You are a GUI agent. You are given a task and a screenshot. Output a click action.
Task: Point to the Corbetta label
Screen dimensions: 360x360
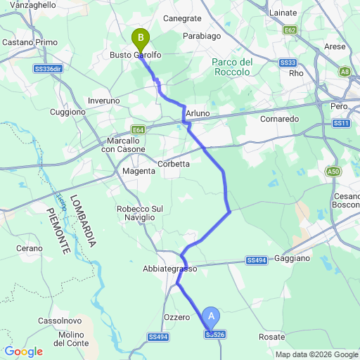174,164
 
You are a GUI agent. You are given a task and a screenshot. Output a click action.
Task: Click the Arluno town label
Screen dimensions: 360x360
198,113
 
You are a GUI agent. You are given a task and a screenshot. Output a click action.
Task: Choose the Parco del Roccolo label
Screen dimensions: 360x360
232,67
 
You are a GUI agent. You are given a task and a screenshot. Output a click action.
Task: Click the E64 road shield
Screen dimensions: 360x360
138,129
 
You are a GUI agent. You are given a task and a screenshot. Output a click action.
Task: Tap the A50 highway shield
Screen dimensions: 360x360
333,171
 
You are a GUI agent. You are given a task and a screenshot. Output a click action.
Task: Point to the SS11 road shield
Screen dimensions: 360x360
342,123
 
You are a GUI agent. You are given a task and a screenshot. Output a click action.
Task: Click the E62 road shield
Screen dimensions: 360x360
290,30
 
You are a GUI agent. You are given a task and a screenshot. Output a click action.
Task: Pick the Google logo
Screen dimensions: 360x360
23,351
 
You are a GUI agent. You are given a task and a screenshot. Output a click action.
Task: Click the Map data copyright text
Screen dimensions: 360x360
316,354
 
